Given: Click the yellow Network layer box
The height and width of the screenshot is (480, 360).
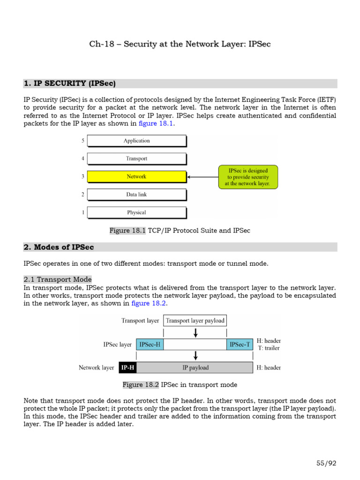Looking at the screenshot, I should pyautogui.click(x=136, y=177).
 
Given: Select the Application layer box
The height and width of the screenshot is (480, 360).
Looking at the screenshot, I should pyautogui.click(x=136, y=141).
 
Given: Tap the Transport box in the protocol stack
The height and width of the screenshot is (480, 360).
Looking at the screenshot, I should pyautogui.click(x=136, y=158).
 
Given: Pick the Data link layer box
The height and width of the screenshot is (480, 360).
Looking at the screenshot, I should pyautogui.click(x=136, y=195).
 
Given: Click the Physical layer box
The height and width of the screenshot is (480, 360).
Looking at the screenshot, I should pyautogui.click(x=136, y=212).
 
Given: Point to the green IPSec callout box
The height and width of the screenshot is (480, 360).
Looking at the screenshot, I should pyautogui.click(x=248, y=177).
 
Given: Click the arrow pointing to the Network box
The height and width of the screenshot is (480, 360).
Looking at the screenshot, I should pyautogui.click(x=202, y=177).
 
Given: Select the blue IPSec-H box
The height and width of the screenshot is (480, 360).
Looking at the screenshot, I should pyautogui.click(x=150, y=345).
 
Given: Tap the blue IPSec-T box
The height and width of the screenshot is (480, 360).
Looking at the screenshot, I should pyautogui.click(x=240, y=345).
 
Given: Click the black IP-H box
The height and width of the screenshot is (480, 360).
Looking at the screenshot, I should pyautogui.click(x=127, y=367).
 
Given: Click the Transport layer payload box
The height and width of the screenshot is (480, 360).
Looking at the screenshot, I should pyautogui.click(x=195, y=321).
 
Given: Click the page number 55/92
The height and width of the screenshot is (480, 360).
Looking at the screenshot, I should pyautogui.click(x=326, y=463).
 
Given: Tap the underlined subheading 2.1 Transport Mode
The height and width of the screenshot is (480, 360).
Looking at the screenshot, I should pyautogui.click(x=58, y=279).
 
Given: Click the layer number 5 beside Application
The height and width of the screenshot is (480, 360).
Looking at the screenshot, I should pyautogui.click(x=83, y=141).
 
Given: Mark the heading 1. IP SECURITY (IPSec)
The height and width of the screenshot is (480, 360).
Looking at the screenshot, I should pyautogui.click(x=69, y=83).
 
